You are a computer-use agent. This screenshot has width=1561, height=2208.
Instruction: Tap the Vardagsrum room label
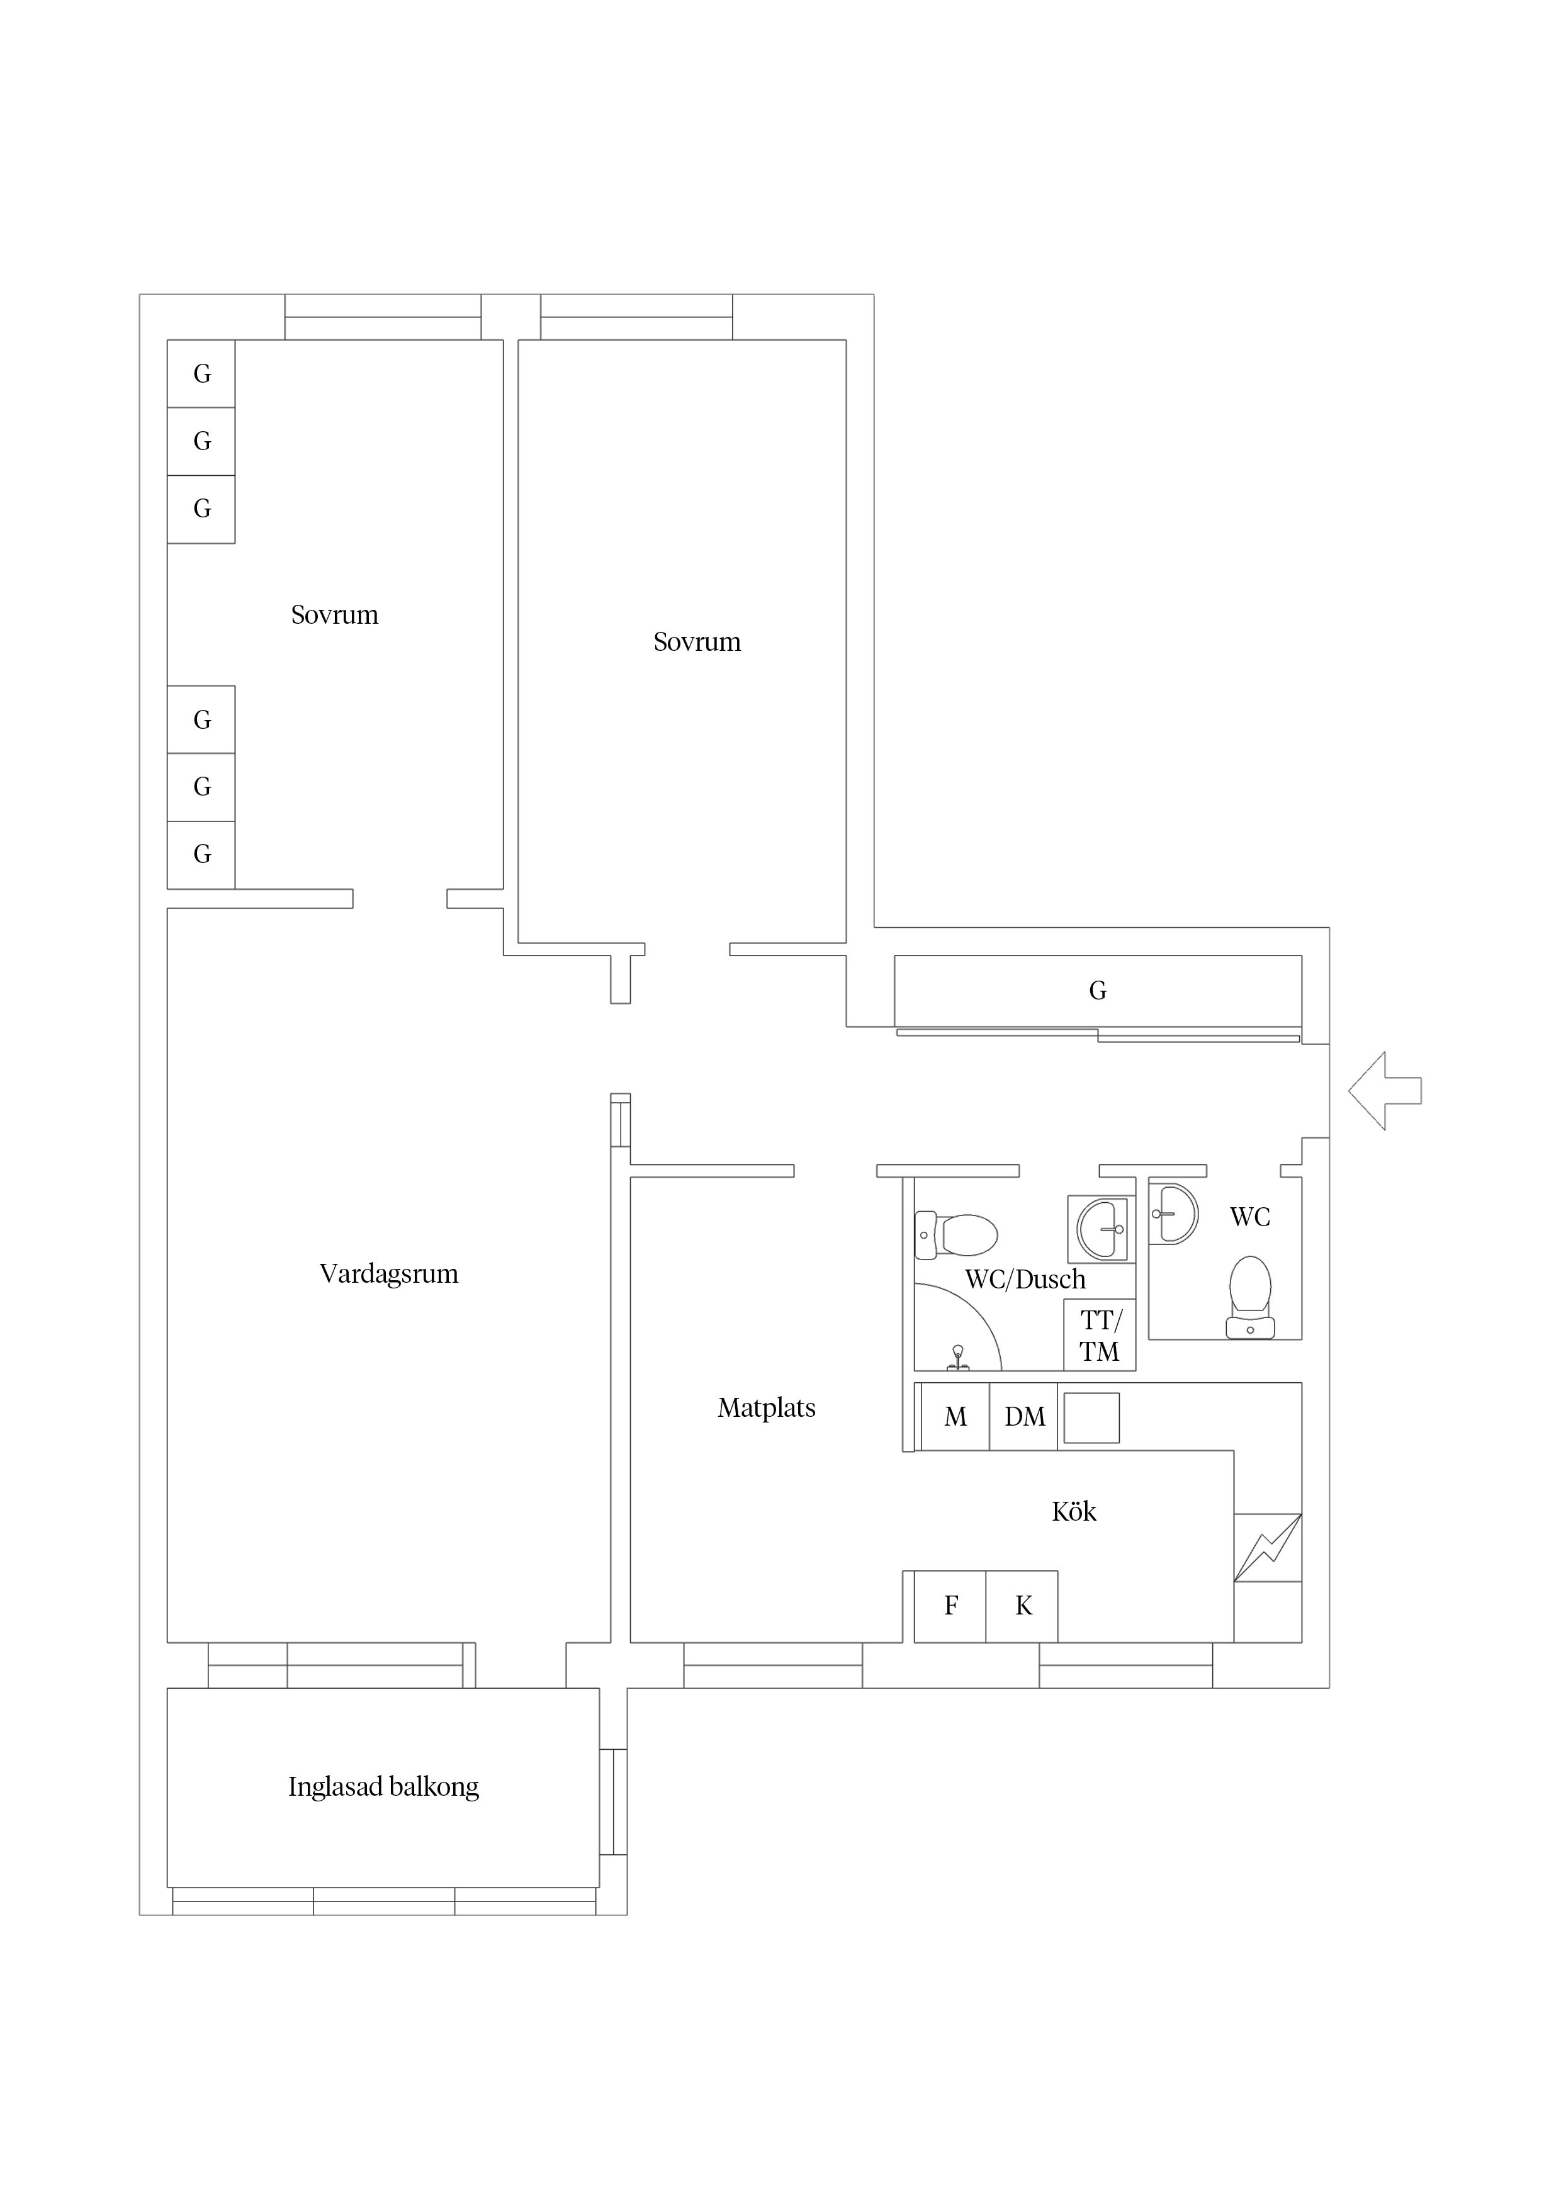coord(388,1274)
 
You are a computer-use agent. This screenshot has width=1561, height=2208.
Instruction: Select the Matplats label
coord(767,1408)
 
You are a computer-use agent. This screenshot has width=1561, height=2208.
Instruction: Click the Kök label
coord(1073,1512)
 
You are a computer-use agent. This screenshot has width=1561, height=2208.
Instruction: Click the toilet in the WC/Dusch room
coord(956,1235)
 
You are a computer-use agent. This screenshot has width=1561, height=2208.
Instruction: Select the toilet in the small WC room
coord(1250,1297)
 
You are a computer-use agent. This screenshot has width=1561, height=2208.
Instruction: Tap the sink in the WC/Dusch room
coord(1102,1229)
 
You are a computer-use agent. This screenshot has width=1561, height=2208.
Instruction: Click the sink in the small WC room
coord(1173,1214)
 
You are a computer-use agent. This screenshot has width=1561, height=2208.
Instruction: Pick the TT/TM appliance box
coord(1100,1335)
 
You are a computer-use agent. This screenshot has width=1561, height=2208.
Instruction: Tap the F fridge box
coord(950,1606)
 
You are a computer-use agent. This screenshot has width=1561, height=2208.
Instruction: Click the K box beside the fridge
coord(1022,1606)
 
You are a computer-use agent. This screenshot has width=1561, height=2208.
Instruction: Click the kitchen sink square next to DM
coord(1091,1417)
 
